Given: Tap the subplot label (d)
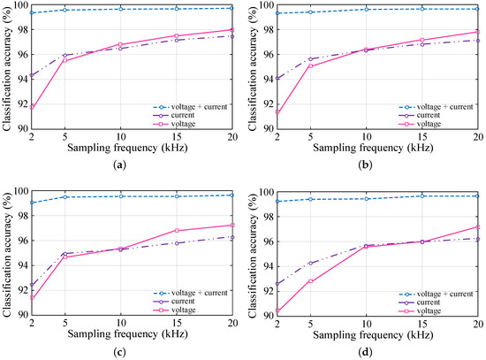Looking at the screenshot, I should click(377, 353).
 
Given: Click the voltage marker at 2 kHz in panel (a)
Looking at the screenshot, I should click(32, 107).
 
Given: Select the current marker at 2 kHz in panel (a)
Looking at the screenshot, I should click(32, 75).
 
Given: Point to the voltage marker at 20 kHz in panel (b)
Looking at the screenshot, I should click(477, 32).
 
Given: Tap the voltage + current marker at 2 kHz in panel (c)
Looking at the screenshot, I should click(32, 203).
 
